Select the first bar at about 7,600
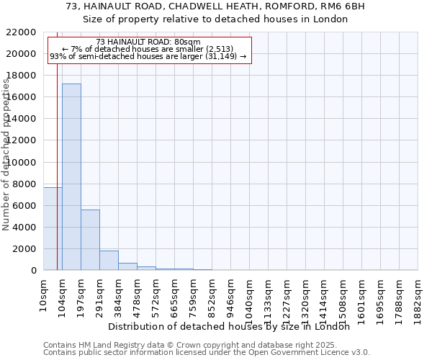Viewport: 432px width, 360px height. click(53, 229)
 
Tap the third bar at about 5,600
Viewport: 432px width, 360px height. click(90, 240)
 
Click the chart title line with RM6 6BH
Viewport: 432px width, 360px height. click(215, 6)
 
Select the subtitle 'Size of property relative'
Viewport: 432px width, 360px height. click(215, 19)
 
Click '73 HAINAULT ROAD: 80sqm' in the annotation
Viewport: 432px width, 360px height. click(148, 42)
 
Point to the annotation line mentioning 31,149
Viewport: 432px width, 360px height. click(148, 56)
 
